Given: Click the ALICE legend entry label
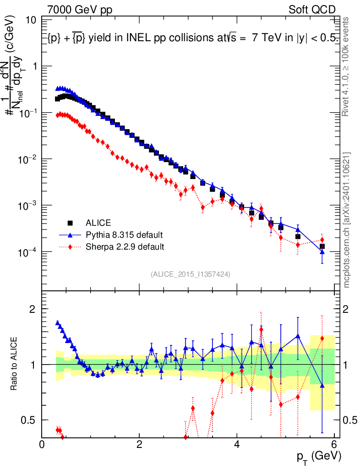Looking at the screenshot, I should click(x=98, y=223).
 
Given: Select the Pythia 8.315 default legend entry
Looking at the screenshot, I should click(x=124, y=235).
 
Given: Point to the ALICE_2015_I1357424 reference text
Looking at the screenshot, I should click(x=190, y=274).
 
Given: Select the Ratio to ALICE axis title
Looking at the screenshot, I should click(x=15, y=364).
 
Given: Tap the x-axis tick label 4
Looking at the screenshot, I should click(x=237, y=445).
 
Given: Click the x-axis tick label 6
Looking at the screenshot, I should click(x=334, y=445).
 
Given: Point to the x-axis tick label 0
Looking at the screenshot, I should click(x=42, y=445).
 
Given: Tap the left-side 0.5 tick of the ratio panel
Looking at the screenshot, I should click(x=31, y=420).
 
